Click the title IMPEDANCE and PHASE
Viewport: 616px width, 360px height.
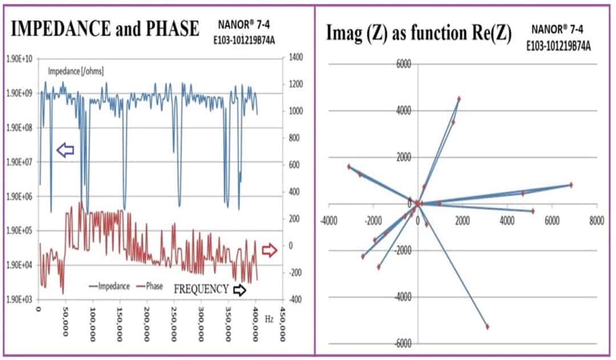click(105, 28)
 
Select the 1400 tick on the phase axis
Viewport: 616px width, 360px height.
click(297, 58)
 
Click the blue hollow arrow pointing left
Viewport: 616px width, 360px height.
click(66, 151)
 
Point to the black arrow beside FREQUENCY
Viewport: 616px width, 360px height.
click(240, 289)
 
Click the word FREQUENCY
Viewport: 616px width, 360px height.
click(201, 289)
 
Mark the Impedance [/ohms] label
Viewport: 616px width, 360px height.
click(75, 71)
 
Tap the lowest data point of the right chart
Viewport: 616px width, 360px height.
click(487, 326)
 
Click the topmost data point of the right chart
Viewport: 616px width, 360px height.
click(459, 99)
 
